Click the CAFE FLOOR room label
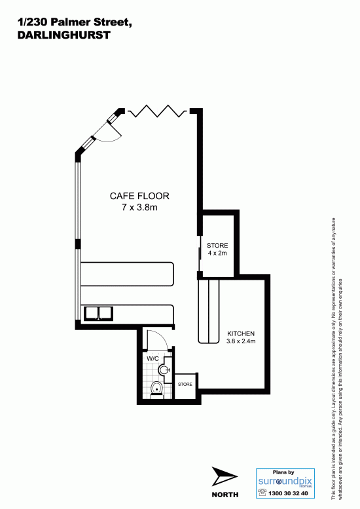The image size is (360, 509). (x=139, y=196)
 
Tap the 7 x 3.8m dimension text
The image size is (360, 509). (x=139, y=207)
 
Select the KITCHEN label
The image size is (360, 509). (x=241, y=333)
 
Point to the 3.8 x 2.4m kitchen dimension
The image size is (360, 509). (x=241, y=341)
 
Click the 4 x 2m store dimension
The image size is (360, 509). (x=217, y=253)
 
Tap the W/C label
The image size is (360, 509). (x=153, y=359)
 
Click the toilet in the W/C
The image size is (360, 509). (x=156, y=389)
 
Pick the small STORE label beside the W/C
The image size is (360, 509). (x=185, y=385)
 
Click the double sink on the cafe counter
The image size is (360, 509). (x=99, y=314)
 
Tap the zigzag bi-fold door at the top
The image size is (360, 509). (x=158, y=111)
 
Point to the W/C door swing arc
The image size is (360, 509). (x=160, y=337)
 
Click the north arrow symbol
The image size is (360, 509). (x=223, y=477)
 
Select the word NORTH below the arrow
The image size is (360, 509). (x=225, y=495)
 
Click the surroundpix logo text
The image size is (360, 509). (x=285, y=481)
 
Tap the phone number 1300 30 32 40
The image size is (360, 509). (x=288, y=493)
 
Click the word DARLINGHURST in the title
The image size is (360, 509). (x=64, y=35)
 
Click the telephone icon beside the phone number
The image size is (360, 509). (x=262, y=493)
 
